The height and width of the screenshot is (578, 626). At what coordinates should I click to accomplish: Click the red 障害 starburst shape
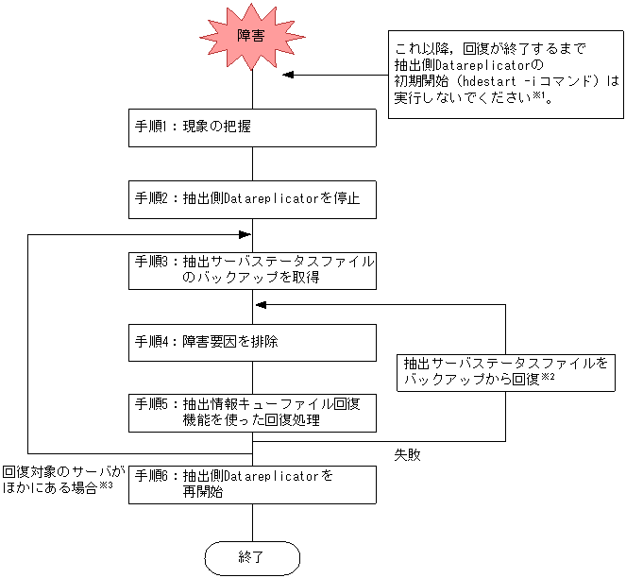(x=252, y=37)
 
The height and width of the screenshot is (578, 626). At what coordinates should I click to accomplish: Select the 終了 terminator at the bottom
(x=252, y=557)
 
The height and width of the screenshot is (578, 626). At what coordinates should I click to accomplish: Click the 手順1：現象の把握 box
(x=252, y=127)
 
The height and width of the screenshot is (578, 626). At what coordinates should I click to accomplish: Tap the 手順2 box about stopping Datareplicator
(x=252, y=199)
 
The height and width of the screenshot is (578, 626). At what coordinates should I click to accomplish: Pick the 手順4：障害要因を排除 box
(x=252, y=342)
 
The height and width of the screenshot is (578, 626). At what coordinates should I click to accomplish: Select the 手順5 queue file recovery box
(x=252, y=413)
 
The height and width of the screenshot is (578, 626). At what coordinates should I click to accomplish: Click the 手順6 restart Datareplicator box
(x=252, y=484)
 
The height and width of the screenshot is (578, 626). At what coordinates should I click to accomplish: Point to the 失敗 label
(x=408, y=454)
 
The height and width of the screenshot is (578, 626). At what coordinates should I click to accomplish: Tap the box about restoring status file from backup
(x=506, y=369)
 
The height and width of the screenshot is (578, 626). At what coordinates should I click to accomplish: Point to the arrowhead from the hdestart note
(x=288, y=75)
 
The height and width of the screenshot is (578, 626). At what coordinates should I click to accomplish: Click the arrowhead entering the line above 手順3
(x=245, y=234)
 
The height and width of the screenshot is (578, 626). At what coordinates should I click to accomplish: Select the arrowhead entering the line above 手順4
(x=262, y=305)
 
